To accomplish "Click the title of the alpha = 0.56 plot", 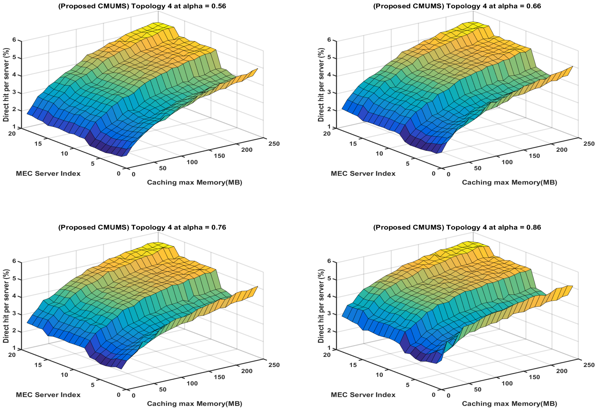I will [x=142, y=6].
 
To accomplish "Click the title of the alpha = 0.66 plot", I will [x=457, y=6].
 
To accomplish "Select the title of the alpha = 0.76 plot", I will [x=142, y=227].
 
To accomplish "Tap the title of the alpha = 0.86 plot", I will [x=457, y=227].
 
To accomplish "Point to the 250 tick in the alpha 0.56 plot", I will [x=274, y=144].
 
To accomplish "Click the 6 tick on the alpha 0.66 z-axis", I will [x=329, y=40].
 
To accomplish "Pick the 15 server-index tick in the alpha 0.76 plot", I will [x=38, y=365].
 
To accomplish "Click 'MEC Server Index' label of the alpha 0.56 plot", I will [x=48, y=174].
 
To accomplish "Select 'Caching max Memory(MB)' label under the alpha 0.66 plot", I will [x=509, y=183].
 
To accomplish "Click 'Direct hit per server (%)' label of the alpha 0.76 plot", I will [x=6, y=306].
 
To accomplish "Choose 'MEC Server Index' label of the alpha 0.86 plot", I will [x=363, y=395].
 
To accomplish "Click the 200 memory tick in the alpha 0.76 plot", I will [x=247, y=371].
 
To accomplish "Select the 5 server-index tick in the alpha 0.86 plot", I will [x=408, y=385].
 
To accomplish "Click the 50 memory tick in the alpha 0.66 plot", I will [x=478, y=168].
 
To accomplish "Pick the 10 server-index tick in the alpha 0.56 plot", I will [x=64, y=154].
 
